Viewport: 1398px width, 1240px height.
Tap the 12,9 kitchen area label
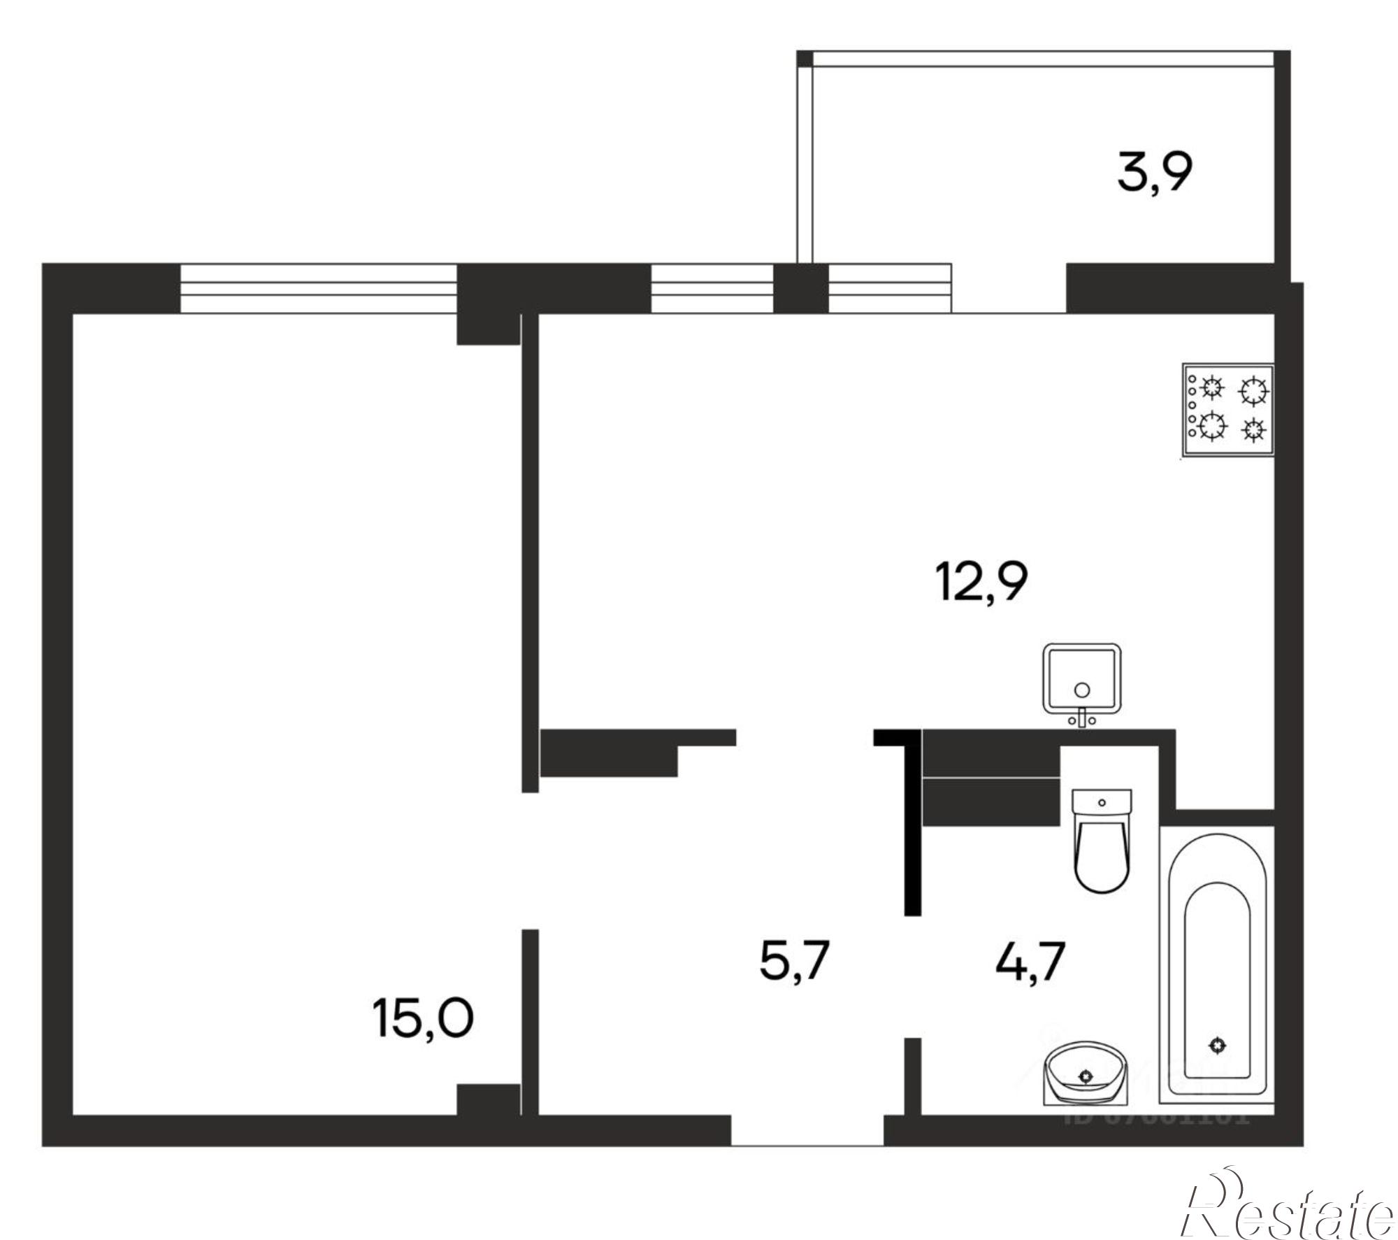pyautogui.click(x=981, y=582)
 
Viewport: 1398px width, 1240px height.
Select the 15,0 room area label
pyautogui.click(x=424, y=1018)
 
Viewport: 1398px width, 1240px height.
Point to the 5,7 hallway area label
pyautogui.click(x=794, y=961)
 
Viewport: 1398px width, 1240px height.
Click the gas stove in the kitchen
pyautogui.click(x=1227, y=409)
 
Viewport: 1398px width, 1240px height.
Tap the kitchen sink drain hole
pyautogui.click(x=1082, y=690)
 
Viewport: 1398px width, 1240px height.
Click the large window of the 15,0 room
pyautogui.click(x=318, y=288)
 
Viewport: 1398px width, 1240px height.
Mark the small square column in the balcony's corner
pyautogui.click(x=805, y=59)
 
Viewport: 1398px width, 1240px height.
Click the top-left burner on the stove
pyautogui.click(x=1211, y=387)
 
